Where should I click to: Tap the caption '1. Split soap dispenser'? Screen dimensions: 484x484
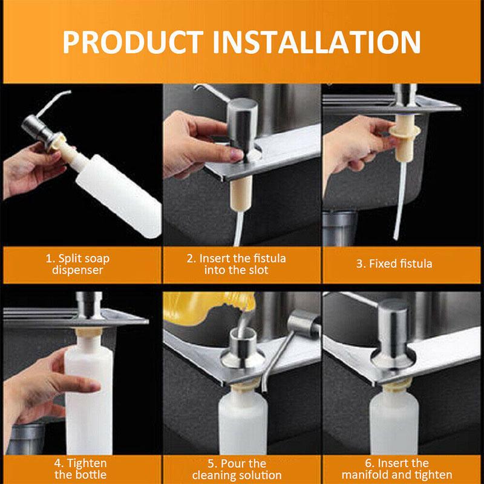tap(81, 264)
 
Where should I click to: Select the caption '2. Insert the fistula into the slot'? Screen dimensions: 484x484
tap(241, 264)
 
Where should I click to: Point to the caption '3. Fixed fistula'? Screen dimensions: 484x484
tap(401, 264)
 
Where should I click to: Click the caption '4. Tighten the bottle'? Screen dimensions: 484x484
tap(81, 469)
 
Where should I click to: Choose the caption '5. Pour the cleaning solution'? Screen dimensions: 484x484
tap(241, 469)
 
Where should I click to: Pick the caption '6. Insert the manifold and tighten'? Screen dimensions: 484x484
tap(401, 469)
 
